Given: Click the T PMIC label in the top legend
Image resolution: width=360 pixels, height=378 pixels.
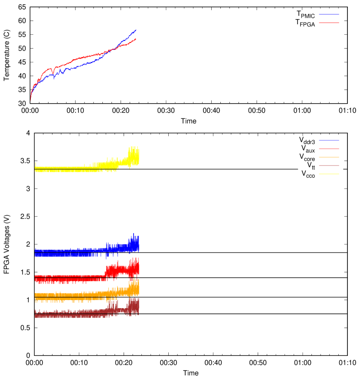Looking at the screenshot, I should click(305, 14).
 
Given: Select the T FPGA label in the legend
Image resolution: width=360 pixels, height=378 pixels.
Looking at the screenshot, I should click(305, 23).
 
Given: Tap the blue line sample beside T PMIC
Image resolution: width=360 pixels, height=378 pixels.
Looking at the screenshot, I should click(329, 14).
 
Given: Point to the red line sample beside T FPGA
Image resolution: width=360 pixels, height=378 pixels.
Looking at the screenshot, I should click(329, 22).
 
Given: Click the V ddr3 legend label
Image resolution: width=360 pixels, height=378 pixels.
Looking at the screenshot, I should click(307, 140).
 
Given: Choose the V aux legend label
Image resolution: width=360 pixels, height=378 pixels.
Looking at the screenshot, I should click(308, 149).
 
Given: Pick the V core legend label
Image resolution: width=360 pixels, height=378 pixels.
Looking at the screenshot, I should click(307, 157).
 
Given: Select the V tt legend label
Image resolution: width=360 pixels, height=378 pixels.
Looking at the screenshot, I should click(311, 165).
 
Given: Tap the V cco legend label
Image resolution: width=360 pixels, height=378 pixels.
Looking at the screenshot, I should click(308, 174).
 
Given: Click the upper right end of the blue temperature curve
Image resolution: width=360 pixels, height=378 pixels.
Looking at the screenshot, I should click(136, 30).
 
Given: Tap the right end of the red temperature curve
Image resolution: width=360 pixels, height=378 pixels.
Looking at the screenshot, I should click(136, 39).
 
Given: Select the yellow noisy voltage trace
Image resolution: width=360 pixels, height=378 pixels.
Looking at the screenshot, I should click(78, 168).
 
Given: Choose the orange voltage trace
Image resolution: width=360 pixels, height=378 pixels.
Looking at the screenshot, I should click(78, 295).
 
